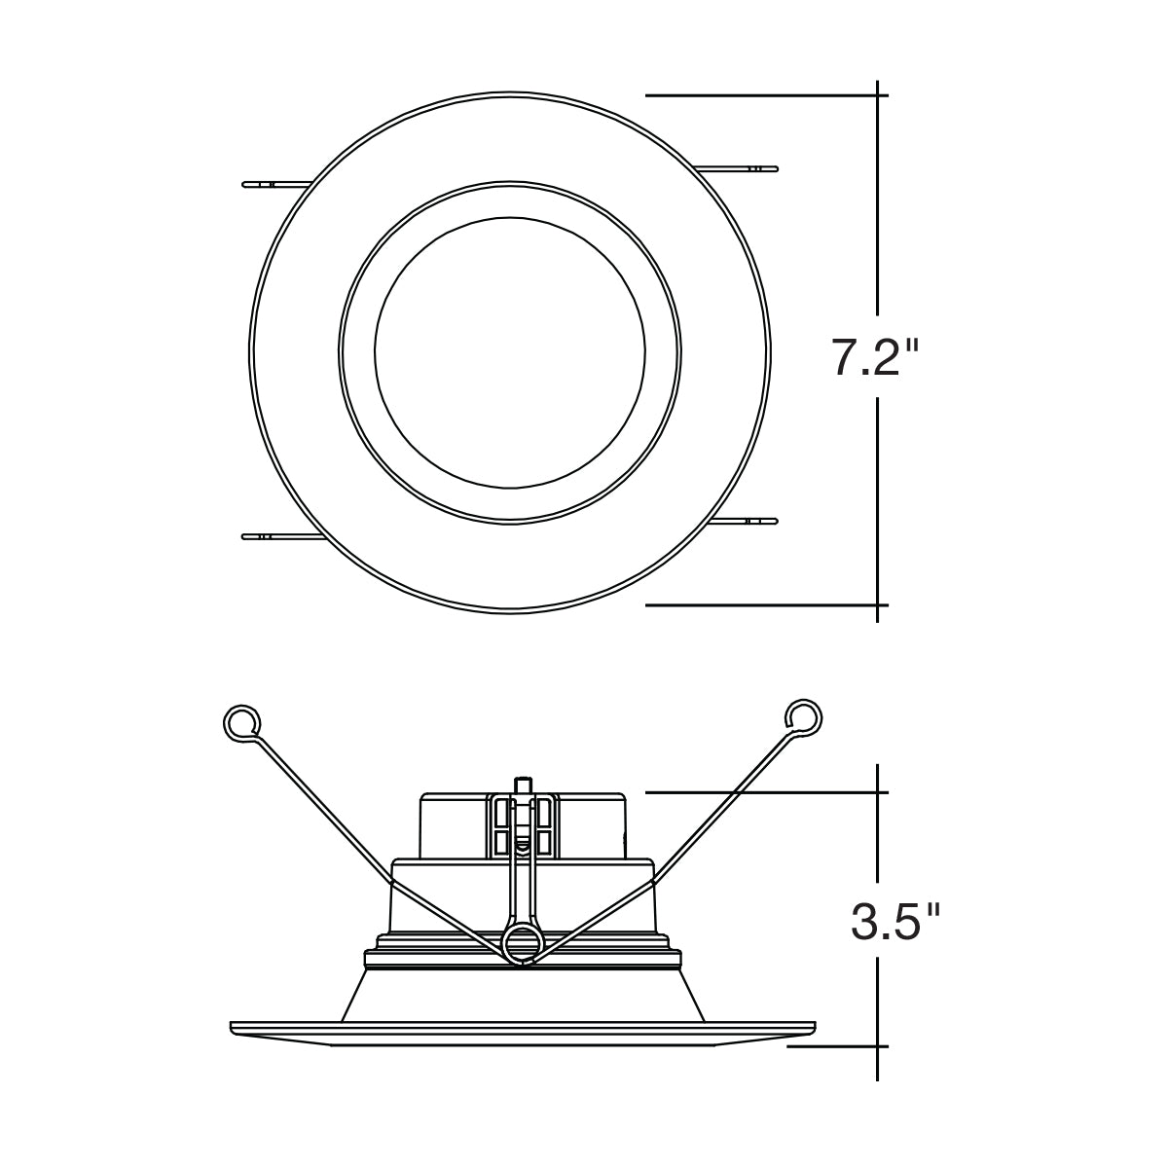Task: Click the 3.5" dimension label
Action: pos(894,925)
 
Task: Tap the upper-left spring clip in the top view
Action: pos(277,184)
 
